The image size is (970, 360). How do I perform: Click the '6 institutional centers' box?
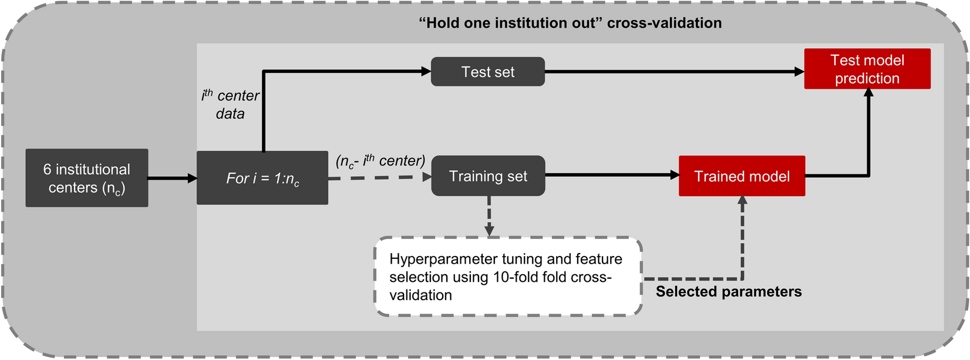coord(86,178)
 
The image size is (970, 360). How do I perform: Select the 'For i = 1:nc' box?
coord(262,178)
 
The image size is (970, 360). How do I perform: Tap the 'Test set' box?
coord(487,72)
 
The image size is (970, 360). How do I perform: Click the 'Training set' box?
coord(487,176)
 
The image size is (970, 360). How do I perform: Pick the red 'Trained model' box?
coord(742,176)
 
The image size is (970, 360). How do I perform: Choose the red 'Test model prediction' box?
coord(867,69)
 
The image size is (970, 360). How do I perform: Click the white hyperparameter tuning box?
coord(508,277)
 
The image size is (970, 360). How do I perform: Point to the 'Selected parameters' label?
coord(728,292)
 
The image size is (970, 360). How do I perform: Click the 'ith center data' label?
coord(230,105)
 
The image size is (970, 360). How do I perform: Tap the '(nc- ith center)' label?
coord(380,161)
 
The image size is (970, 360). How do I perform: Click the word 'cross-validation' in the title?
coord(664,23)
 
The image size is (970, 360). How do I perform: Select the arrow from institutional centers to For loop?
coord(172,178)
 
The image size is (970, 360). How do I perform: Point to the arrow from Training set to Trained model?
coord(611,175)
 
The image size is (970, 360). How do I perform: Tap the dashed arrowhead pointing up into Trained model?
coord(742,201)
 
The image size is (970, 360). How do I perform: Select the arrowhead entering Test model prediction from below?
coord(868,95)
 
